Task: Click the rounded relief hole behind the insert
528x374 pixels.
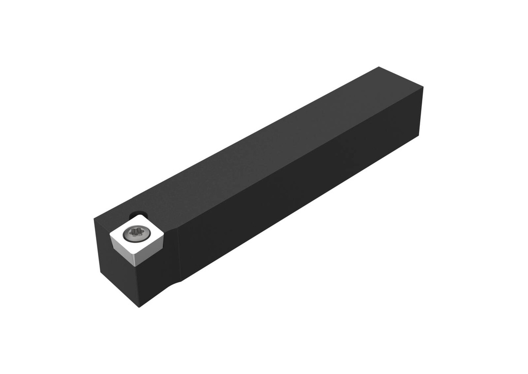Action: pyautogui.click(x=138, y=214)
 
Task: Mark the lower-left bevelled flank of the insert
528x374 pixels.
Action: pyautogui.click(x=123, y=253)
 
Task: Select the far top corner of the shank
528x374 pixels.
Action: pyautogui.click(x=379, y=67)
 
